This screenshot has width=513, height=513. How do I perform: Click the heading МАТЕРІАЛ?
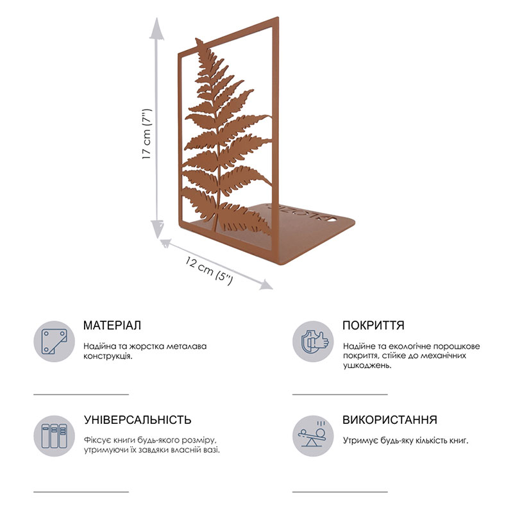[x=112, y=325]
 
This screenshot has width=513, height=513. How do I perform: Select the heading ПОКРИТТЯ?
[x=373, y=325]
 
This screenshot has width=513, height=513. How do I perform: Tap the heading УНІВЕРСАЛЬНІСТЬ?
[x=137, y=420]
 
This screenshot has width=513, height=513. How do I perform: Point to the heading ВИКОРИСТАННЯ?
[x=390, y=420]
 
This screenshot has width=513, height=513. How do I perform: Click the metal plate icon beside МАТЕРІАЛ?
[x=54, y=341]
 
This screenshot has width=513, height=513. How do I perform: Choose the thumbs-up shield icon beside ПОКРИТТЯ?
[x=313, y=341]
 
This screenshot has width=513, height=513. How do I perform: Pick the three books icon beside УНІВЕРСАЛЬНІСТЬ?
[x=54, y=436]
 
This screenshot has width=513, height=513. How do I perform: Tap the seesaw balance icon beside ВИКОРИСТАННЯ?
[x=313, y=436]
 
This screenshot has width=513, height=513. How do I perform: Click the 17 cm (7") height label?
[x=147, y=134]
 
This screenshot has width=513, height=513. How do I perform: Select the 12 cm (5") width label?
[x=210, y=270]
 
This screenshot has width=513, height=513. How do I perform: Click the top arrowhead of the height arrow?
[x=157, y=28]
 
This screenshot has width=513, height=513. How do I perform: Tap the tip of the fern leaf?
[x=197, y=39]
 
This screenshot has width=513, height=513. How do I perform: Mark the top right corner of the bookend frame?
[x=278, y=17]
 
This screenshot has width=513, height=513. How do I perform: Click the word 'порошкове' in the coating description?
[x=457, y=346]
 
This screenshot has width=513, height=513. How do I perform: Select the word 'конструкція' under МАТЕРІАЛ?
[x=108, y=356]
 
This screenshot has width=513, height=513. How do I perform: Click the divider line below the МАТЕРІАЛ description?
[x=81, y=394]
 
